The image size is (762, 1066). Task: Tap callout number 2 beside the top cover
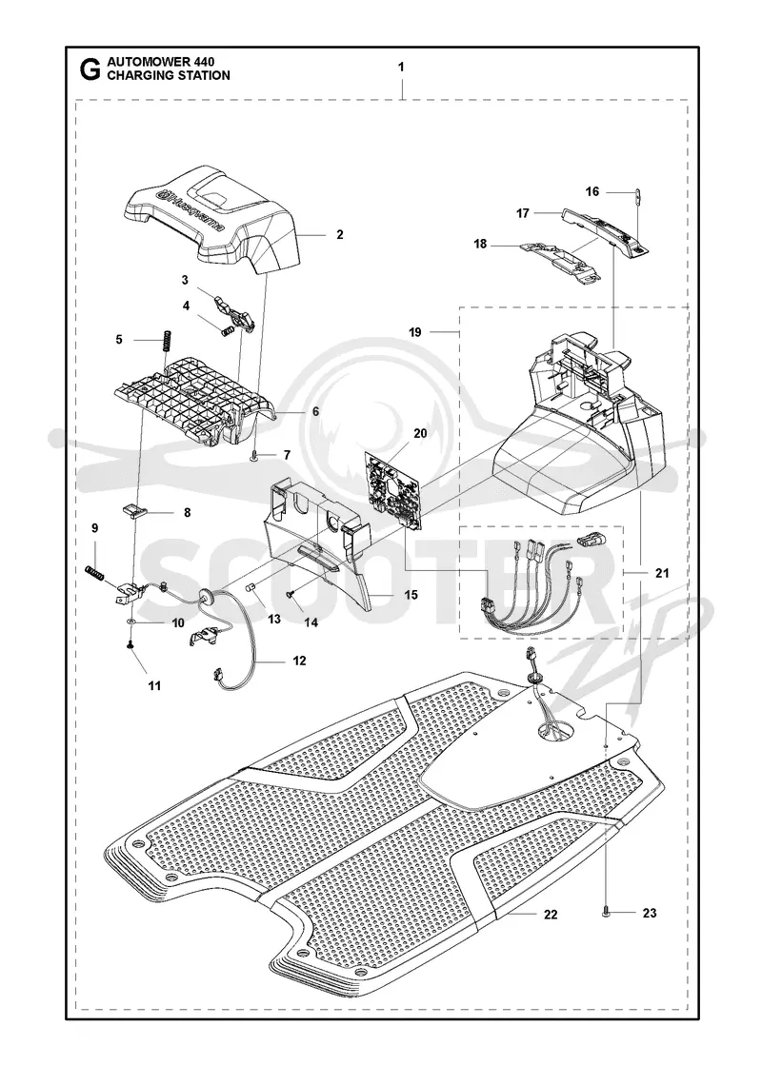[x=339, y=234]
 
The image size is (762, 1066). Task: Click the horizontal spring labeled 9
[x=95, y=573]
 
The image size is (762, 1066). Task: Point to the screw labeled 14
[x=291, y=594]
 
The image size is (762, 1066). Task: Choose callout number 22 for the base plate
[x=551, y=915]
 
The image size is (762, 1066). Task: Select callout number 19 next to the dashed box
[x=415, y=332]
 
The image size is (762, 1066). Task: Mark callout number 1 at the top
[x=401, y=67]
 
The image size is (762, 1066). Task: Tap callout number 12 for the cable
[x=299, y=661]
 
